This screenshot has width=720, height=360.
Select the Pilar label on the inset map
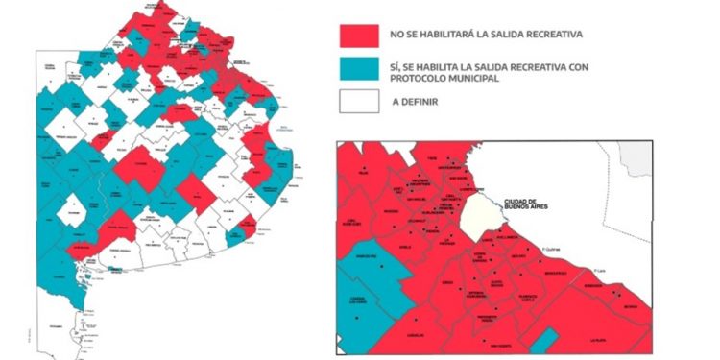pyautogui.click(x=364, y=173)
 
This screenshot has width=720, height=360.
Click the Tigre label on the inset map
pyautogui.click(x=432, y=157)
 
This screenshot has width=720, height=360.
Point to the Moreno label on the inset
pyautogui.click(x=391, y=211)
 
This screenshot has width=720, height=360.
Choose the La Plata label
pyautogui.click(x=598, y=340)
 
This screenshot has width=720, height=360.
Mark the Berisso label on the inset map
pyautogui.click(x=629, y=306)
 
